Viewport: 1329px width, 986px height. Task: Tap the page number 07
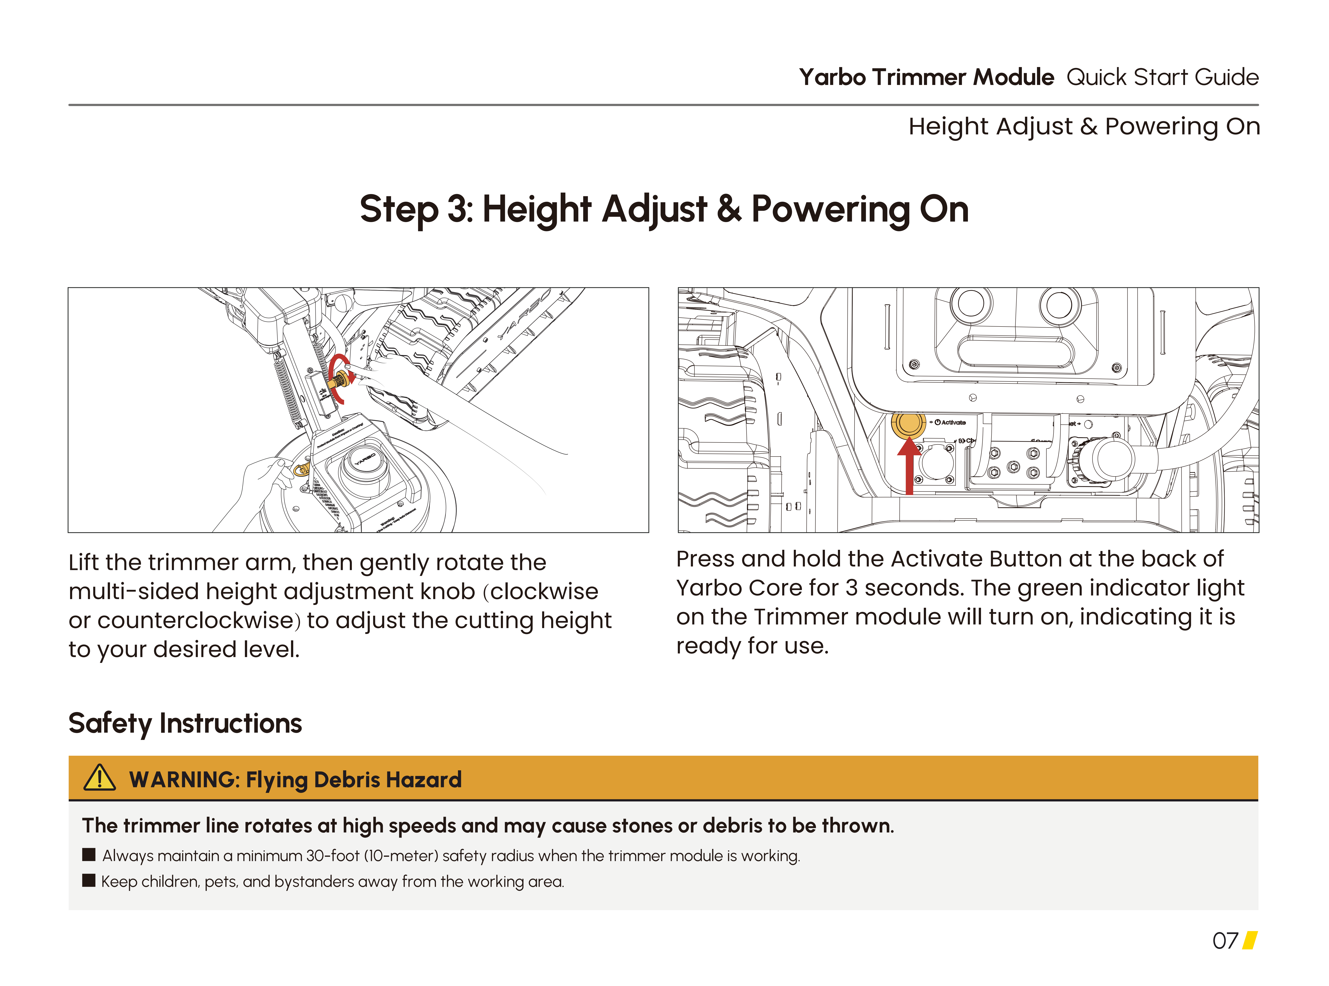point(1225,941)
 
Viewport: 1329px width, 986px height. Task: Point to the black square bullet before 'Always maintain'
point(89,855)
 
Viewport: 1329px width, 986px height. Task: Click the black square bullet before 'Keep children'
point(89,880)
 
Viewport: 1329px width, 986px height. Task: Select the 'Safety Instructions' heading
point(185,723)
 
